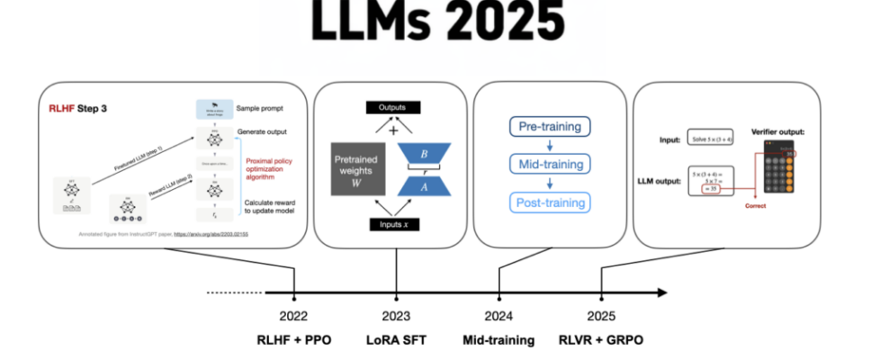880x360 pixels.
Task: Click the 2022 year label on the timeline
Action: [293, 316]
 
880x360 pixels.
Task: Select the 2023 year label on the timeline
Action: [396, 316]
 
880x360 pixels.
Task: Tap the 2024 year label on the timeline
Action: [498, 316]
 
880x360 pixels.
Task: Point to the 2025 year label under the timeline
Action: [601, 316]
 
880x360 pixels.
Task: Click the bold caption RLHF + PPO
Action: [293, 341]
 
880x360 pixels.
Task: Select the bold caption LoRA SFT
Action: [396, 341]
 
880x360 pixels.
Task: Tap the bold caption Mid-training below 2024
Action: [498, 341]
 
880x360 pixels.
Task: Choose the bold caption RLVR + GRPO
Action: [601, 341]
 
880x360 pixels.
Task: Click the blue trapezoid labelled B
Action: [424, 155]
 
